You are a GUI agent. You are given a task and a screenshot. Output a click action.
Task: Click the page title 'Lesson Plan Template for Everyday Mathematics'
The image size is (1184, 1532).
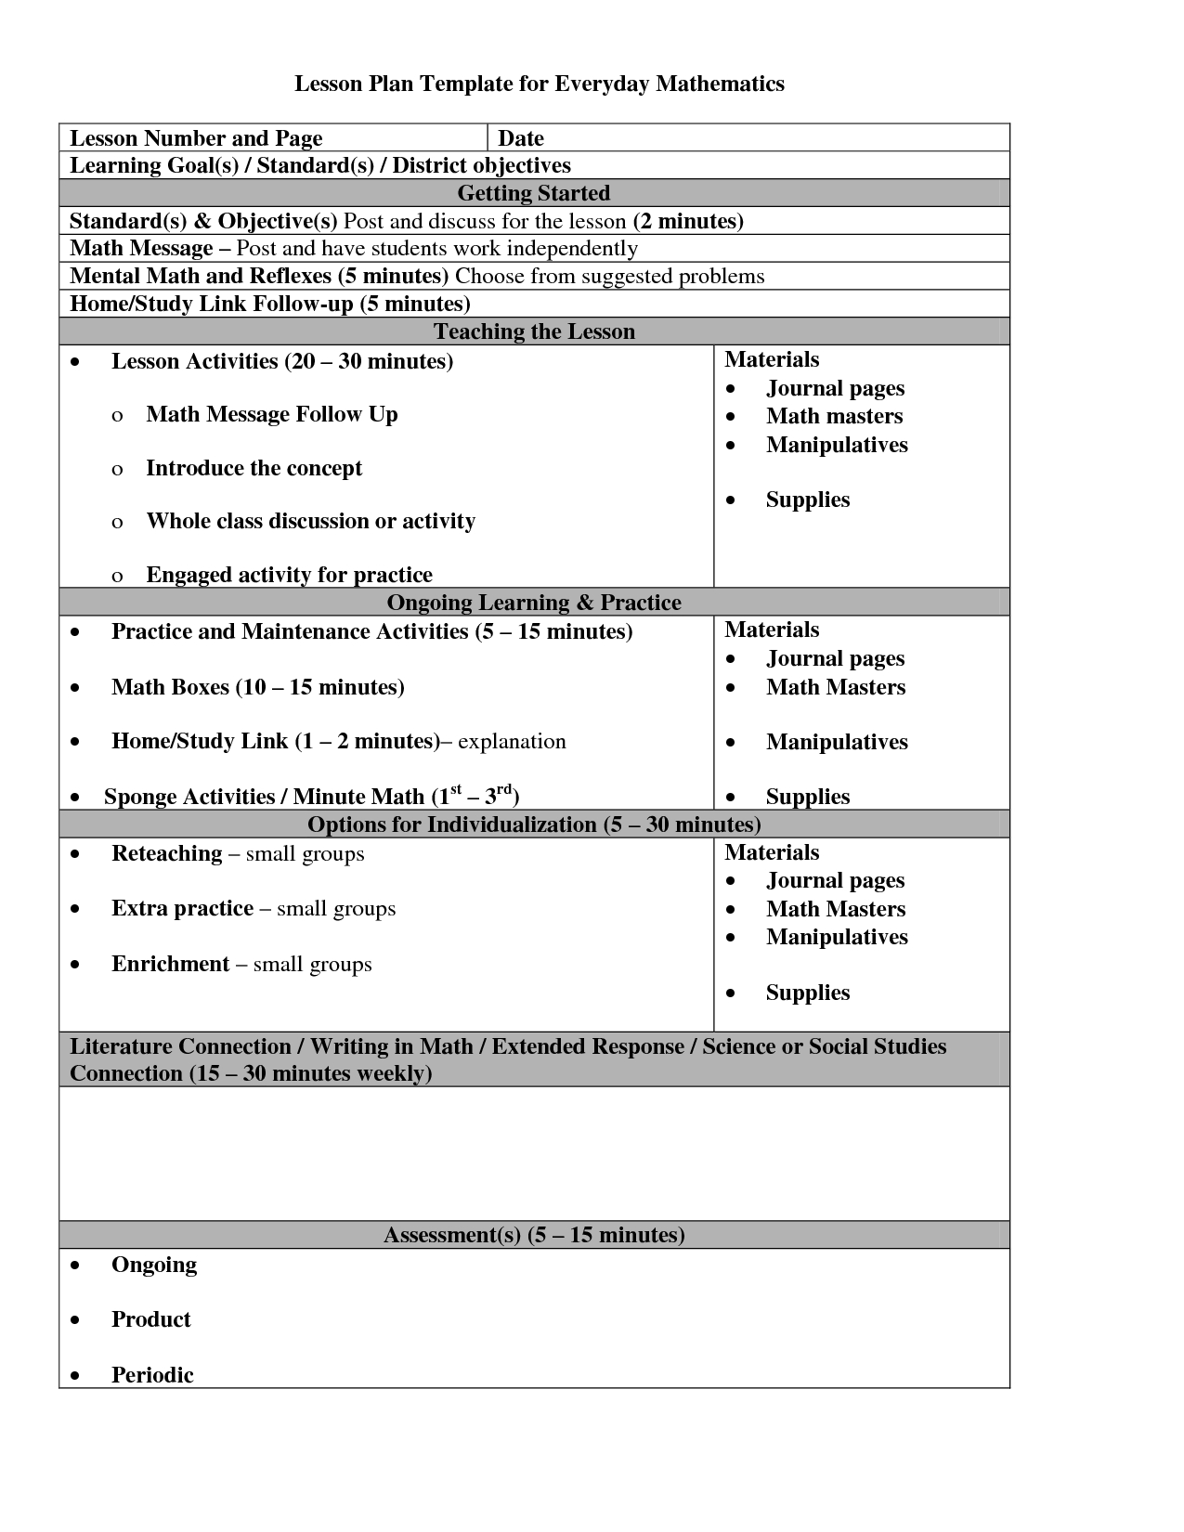(539, 84)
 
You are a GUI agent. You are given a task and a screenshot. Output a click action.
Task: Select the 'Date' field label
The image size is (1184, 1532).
(520, 138)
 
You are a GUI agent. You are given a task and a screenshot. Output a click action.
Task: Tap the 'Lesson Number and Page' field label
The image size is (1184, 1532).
(196, 138)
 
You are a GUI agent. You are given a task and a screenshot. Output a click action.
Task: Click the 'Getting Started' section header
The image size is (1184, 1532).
(534, 193)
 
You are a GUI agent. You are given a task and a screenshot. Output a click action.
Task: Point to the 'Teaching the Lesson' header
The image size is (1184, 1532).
(534, 331)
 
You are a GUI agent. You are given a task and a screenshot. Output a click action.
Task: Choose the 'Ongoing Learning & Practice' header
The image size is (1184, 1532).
(534, 603)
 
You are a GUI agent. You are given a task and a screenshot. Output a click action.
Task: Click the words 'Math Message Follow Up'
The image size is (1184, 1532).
(271, 414)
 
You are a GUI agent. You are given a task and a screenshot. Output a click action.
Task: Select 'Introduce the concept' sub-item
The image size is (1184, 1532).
(254, 468)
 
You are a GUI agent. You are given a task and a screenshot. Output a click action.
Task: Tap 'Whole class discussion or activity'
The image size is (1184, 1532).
(310, 521)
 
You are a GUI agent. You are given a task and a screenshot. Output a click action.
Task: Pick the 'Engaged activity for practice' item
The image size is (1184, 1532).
(289, 575)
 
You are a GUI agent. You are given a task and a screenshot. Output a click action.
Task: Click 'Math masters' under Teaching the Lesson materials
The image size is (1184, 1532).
(834, 416)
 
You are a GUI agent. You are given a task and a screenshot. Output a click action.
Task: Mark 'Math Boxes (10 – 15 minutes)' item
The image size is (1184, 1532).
(257, 687)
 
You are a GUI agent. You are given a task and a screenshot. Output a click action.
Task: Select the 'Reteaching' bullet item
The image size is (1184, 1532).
(167, 853)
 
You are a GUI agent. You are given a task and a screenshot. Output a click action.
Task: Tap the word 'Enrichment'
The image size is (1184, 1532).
(170, 964)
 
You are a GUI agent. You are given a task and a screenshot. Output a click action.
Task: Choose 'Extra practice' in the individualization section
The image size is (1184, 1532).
(182, 908)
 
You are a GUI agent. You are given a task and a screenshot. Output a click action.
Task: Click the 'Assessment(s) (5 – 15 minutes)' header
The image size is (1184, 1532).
(534, 1235)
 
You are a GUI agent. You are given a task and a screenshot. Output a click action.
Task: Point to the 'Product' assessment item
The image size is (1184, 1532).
(150, 1319)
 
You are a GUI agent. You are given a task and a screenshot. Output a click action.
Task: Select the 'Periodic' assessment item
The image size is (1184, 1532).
(152, 1375)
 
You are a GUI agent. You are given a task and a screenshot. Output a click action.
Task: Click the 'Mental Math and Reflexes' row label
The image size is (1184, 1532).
(201, 276)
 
